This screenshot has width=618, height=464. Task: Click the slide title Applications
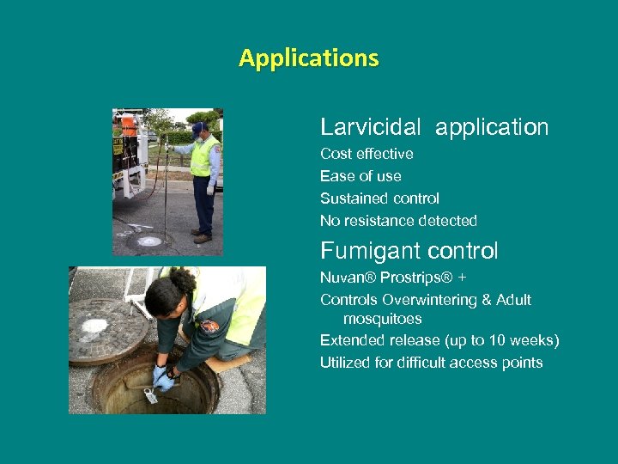click(308, 58)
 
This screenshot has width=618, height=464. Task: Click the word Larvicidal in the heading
click(370, 127)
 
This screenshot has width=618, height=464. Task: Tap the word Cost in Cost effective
click(335, 154)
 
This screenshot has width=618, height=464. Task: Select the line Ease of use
click(360, 176)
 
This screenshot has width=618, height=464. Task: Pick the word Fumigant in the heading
click(360, 251)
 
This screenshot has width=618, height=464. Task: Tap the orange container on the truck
click(129, 125)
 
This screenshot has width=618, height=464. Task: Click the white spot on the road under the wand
click(149, 241)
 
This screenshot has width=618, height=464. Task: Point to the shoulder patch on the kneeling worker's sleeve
click(209, 327)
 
